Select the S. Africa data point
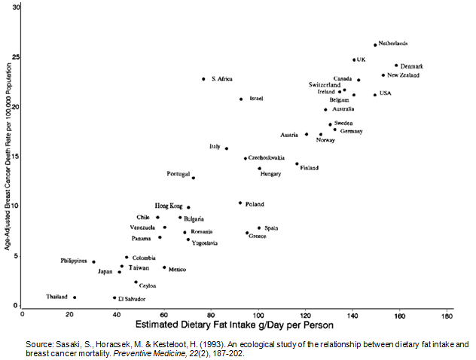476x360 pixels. tap(203, 79)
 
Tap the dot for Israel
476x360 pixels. tap(241, 99)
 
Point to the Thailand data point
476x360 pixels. tap(74, 297)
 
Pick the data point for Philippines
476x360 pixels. tap(93, 262)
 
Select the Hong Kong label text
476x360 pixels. tap(169, 206)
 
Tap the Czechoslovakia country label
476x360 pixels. tap(267, 158)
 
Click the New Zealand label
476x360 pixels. tap(404, 75)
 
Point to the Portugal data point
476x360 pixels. tap(194, 178)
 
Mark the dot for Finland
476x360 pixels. tap(297, 163)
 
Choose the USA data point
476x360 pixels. tap(374, 95)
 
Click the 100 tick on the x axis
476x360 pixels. tap(258, 314)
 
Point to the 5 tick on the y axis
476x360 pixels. tap(18, 256)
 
